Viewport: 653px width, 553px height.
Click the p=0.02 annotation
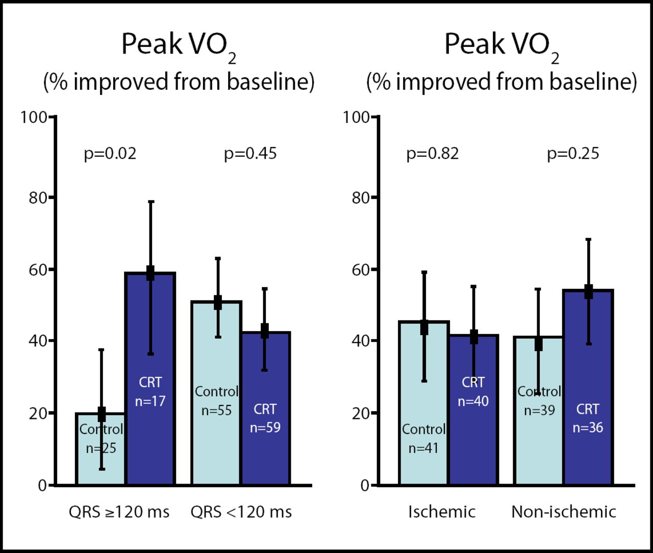(x=110, y=154)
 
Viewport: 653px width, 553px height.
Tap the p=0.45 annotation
(x=250, y=154)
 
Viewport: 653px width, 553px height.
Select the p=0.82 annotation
(x=433, y=154)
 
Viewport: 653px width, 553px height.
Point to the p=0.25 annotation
(x=573, y=154)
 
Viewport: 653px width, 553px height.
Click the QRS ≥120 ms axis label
(x=119, y=512)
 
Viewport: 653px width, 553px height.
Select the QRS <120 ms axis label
(x=241, y=512)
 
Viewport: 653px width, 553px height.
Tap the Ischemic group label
(x=442, y=512)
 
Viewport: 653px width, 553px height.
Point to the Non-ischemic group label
(x=564, y=512)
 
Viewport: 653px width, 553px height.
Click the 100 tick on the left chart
(x=34, y=117)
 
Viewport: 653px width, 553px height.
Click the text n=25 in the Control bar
(x=101, y=448)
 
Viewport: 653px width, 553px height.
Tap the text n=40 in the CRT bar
(x=473, y=401)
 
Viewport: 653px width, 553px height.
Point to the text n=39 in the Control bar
(x=539, y=410)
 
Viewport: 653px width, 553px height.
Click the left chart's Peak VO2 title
(x=179, y=46)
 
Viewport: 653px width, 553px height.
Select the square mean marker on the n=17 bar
(x=150, y=273)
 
